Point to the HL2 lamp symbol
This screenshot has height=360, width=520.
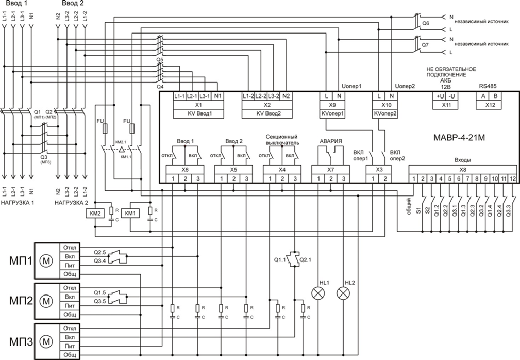[x=343, y=293]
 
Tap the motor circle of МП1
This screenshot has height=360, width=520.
[x=47, y=261]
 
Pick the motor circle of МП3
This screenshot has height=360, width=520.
[x=47, y=341]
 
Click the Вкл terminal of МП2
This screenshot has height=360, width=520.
[x=70, y=296]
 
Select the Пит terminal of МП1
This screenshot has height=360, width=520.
[x=70, y=265]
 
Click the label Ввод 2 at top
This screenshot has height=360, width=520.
[x=73, y=4]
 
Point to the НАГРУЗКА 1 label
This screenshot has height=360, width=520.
[x=19, y=203]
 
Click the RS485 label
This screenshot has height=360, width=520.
[x=488, y=87]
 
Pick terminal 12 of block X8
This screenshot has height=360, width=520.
[x=513, y=178]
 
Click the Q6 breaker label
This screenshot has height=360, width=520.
[x=426, y=24]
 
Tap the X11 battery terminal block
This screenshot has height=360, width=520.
[x=445, y=104]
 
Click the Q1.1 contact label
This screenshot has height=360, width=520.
[x=279, y=258]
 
